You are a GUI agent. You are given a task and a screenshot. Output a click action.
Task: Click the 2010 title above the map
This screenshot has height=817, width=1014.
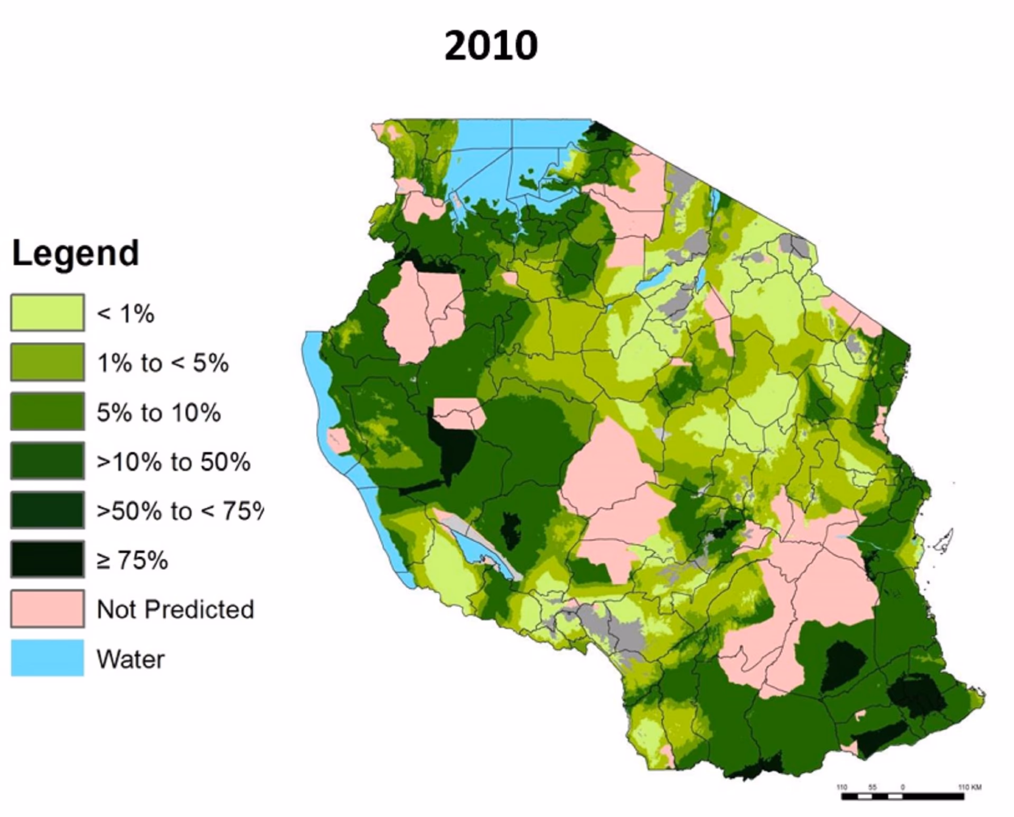point(491,45)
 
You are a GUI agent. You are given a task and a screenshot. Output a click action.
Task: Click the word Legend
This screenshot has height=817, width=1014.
point(76,253)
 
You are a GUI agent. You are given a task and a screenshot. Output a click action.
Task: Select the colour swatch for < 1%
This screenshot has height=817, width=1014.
point(48,313)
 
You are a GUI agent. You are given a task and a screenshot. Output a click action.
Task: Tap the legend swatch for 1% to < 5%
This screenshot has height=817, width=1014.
point(48,362)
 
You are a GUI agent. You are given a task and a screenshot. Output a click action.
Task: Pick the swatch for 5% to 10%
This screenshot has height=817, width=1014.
point(48,411)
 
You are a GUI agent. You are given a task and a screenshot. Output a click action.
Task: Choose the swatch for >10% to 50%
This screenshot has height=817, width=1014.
point(48,461)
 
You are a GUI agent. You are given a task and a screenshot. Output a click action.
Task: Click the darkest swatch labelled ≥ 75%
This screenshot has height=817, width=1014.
point(48,559)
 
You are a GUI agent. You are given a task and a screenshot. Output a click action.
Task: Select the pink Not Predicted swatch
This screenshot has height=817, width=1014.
point(48,609)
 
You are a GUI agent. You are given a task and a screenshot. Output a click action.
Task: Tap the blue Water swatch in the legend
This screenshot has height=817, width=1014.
point(48,658)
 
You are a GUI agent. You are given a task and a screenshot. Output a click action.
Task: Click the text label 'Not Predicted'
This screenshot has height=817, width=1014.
point(175,609)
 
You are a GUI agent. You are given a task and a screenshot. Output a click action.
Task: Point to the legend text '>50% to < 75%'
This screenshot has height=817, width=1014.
point(180,511)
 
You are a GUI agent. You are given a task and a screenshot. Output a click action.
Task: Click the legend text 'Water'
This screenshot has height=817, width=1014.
point(130,659)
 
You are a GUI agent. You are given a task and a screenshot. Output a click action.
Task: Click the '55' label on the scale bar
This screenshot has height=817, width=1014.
point(872,787)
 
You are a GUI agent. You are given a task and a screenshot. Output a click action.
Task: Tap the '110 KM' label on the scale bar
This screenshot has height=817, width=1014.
point(970,787)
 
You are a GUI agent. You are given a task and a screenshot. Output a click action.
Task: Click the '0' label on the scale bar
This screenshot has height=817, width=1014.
point(903,787)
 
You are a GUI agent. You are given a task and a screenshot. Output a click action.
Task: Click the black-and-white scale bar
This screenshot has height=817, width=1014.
point(903,796)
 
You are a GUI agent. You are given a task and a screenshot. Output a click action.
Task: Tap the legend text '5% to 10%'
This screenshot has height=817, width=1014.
point(158,412)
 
